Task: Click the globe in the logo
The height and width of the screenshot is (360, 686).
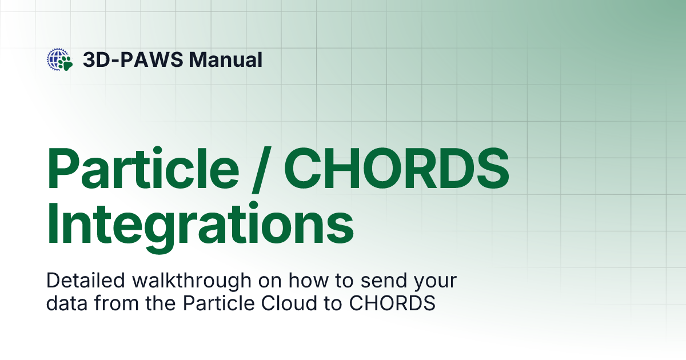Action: (x=57, y=58)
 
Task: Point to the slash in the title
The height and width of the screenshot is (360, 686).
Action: (x=260, y=167)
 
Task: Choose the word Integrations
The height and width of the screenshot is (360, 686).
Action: (x=200, y=225)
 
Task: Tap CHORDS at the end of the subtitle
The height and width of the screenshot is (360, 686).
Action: (x=392, y=303)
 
